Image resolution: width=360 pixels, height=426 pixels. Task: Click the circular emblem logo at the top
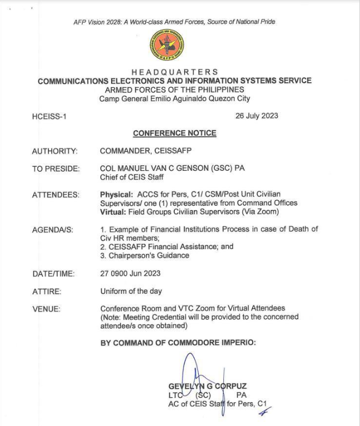[x=167, y=45]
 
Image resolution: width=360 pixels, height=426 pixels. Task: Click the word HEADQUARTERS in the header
[x=174, y=72]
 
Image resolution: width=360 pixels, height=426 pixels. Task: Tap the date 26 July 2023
[x=257, y=116]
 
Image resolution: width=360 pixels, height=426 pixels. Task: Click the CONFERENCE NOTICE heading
[x=174, y=133]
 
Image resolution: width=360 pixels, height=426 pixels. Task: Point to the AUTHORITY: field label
[x=54, y=151]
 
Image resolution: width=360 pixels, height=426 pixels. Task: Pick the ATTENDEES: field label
[x=56, y=195]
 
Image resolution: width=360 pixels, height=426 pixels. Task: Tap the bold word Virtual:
[x=113, y=212]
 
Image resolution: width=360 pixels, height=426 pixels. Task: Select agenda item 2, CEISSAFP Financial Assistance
[x=167, y=247]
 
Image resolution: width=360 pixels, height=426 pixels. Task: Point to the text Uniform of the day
[x=131, y=292]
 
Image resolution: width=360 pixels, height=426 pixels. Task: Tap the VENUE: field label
[x=46, y=309]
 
